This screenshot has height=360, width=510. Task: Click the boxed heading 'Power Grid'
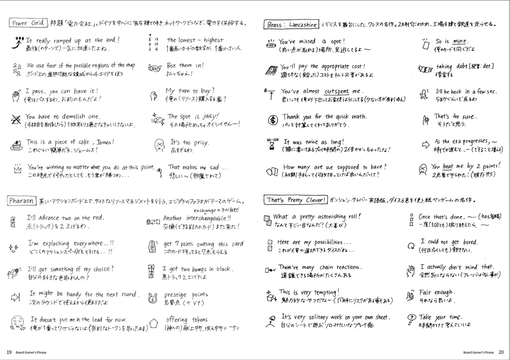pyautogui.click(x=28, y=23)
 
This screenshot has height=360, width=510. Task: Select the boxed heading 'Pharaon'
pyautogui.click(x=21, y=201)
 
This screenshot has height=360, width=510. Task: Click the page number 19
pyautogui.click(x=9, y=352)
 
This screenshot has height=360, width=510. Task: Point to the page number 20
pyautogui.click(x=501, y=352)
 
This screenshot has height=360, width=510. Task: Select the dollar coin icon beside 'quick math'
pyautogui.click(x=272, y=120)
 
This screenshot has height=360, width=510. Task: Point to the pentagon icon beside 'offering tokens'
pyautogui.click(x=153, y=323)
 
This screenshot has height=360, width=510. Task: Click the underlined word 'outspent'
pyautogui.click(x=337, y=92)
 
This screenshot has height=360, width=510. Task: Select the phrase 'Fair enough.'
pyautogui.click(x=437, y=292)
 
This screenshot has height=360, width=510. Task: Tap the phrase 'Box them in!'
pyautogui.click(x=185, y=65)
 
